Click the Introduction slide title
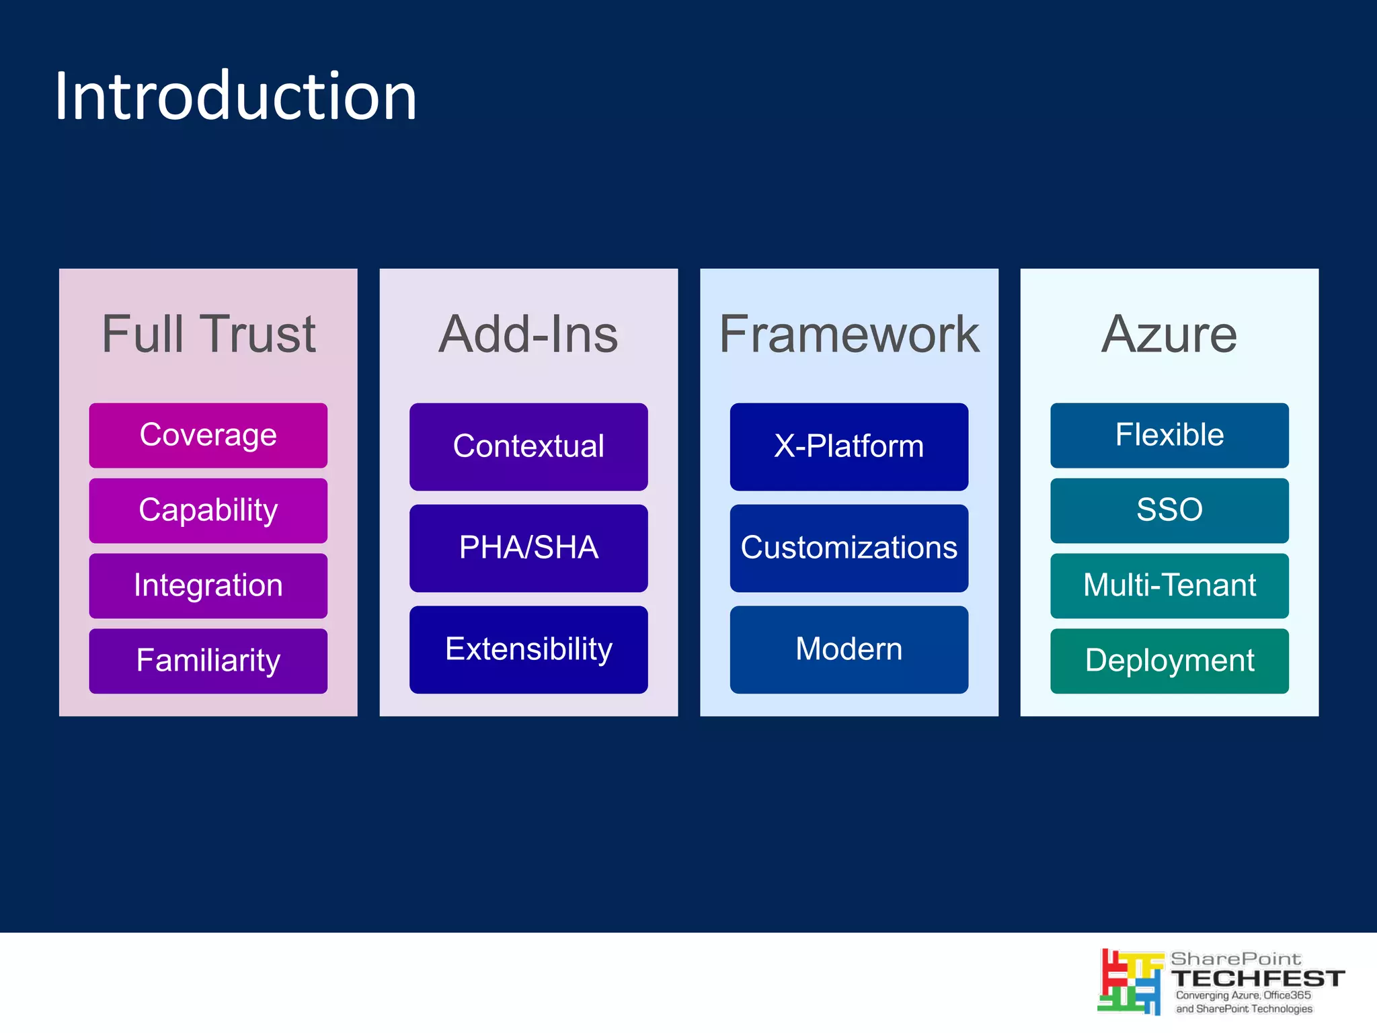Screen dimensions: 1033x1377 [x=235, y=97]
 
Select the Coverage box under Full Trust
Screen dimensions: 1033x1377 [x=208, y=436]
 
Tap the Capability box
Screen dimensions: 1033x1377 [x=208, y=511]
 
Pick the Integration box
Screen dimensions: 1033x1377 [x=208, y=586]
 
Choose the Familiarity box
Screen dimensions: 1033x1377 [x=208, y=661]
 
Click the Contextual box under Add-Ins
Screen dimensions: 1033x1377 [x=528, y=447]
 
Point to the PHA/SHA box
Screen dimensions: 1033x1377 [x=528, y=548]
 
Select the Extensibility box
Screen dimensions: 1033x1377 [x=528, y=650]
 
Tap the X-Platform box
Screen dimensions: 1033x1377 [x=849, y=447]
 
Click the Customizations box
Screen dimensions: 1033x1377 [x=849, y=548]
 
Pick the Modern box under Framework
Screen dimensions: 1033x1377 [x=849, y=650]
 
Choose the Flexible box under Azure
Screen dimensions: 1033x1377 [x=1169, y=436]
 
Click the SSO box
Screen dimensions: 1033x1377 [x=1169, y=511]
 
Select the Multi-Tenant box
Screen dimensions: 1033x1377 [x=1169, y=586]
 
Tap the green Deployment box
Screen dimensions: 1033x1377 [x=1169, y=661]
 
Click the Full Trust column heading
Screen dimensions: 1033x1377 [x=208, y=334]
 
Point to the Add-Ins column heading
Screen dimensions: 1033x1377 [x=528, y=334]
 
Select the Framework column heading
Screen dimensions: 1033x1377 [x=849, y=334]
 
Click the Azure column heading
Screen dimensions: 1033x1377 [x=1169, y=334]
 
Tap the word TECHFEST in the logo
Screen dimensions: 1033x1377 [x=1257, y=979]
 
